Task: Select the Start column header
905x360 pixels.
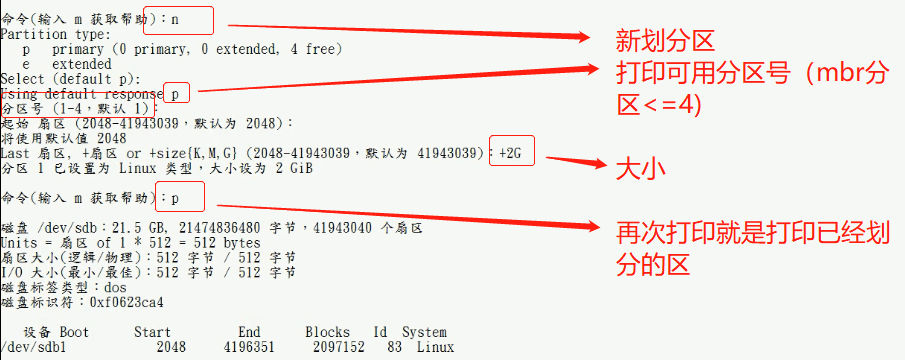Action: (152, 332)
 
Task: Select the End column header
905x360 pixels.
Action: (249, 332)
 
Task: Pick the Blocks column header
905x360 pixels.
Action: (328, 332)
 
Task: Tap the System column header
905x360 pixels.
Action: (424, 332)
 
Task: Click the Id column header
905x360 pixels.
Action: (380, 332)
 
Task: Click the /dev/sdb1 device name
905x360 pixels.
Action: (33, 347)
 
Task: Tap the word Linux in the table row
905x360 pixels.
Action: (435, 347)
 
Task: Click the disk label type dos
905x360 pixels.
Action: (114, 287)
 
